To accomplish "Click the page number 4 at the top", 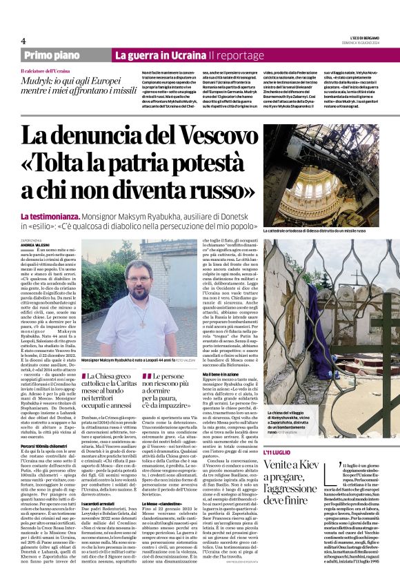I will coord(23,41).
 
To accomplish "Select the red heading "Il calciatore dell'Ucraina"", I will coord(46,71).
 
